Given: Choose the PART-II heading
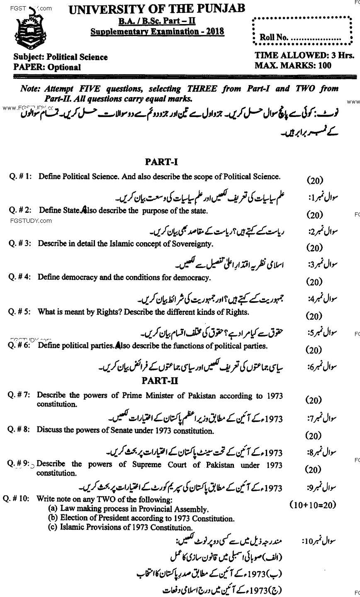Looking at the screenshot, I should tap(160, 381).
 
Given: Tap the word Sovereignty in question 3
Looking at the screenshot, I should tap(192, 244).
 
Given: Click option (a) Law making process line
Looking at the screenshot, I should tap(128, 509).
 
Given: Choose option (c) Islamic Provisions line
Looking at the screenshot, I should tap(120, 528).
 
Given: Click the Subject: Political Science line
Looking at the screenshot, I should tap(61, 57).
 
